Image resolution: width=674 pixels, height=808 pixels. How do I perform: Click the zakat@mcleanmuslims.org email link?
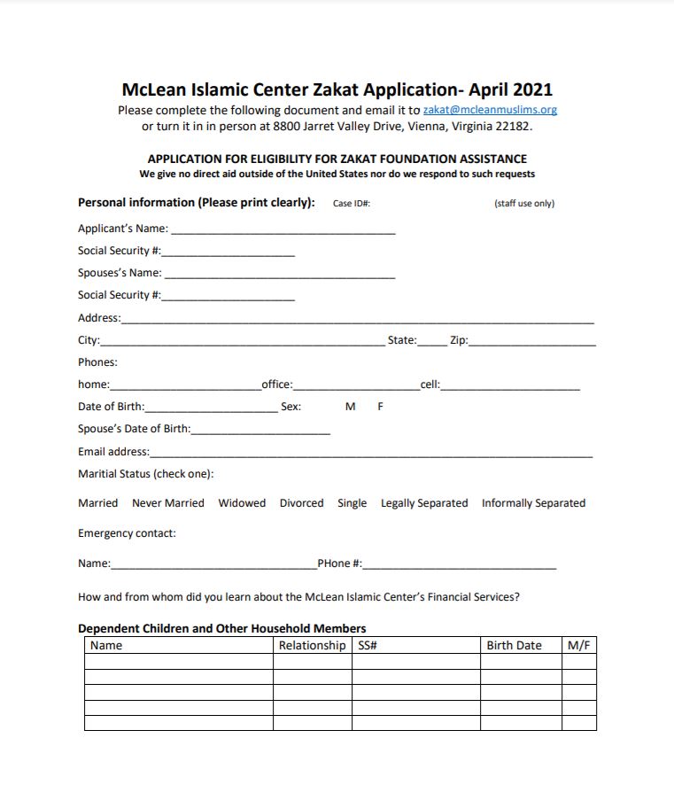[x=490, y=110]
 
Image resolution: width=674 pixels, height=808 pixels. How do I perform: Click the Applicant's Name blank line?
[x=283, y=229]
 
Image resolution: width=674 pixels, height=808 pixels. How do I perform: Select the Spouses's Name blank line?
[x=279, y=274]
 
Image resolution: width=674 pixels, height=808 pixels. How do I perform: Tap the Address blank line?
[x=357, y=319]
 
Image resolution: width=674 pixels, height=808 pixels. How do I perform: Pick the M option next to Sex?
[x=350, y=407]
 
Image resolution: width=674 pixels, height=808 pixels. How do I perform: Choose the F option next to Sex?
[x=380, y=407]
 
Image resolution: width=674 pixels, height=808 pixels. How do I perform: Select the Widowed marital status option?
[x=242, y=502]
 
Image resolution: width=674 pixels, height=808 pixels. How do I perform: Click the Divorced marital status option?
[x=302, y=502]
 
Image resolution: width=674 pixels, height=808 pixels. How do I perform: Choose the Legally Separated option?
[x=424, y=502]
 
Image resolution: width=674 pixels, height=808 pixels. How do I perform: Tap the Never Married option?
[x=168, y=502]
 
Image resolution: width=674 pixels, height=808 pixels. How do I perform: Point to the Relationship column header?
[x=312, y=645]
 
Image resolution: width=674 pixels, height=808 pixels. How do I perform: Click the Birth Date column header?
[x=514, y=645]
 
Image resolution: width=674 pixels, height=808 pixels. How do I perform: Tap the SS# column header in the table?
[x=368, y=645]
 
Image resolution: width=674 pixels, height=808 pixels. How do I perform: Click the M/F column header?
[x=578, y=645]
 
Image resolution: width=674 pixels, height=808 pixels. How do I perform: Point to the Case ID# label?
[x=351, y=204]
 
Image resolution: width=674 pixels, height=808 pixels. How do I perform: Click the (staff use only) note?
[x=524, y=204]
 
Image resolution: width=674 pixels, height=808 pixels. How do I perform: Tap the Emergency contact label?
[x=127, y=532]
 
